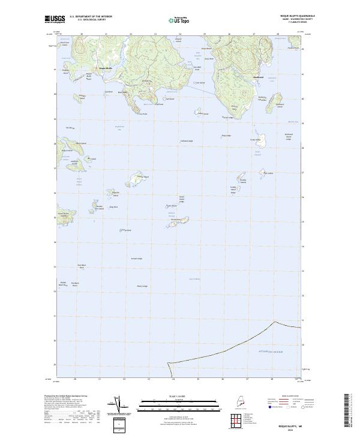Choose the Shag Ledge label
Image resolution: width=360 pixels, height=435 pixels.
[x=226, y=135]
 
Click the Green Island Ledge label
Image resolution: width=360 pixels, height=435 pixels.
[x=181, y=197]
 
